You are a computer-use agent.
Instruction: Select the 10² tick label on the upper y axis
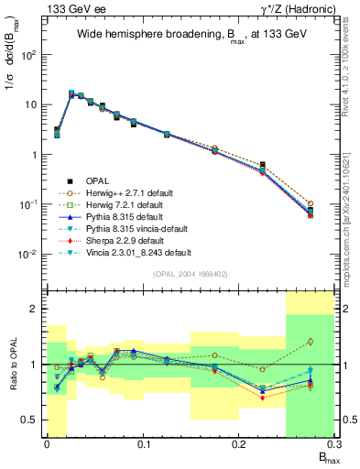30,54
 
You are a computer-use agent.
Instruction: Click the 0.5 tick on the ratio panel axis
32,420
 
